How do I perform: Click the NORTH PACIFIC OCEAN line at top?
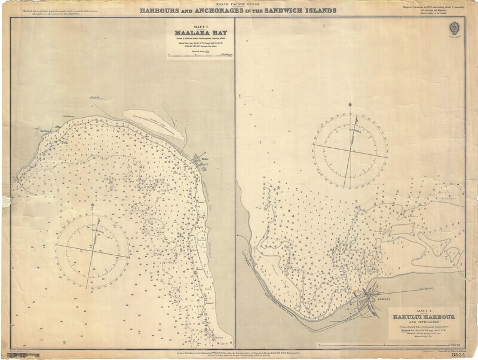pyautogui.click(x=238, y=4)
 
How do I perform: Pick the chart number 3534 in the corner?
pyautogui.click(x=457, y=354)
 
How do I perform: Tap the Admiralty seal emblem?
pyautogui.click(x=459, y=28)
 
